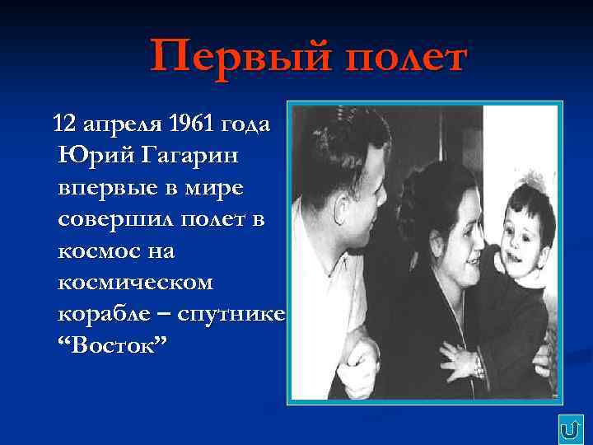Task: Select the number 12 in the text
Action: (x=63, y=124)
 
